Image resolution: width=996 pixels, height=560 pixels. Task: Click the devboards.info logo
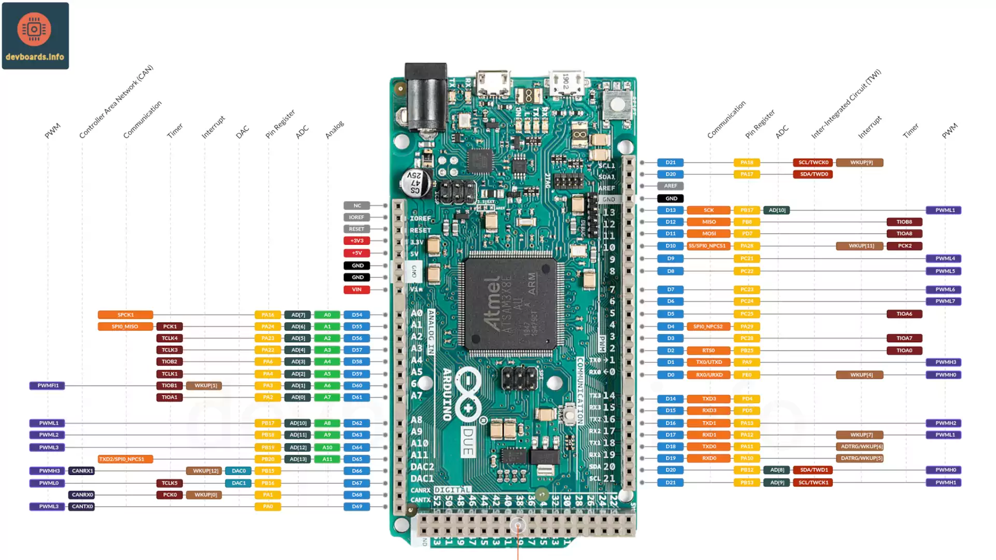tap(35, 36)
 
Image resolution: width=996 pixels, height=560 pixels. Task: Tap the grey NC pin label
tap(356, 205)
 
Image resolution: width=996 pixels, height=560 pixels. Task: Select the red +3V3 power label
tap(356, 241)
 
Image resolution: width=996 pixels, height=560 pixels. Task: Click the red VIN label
tap(356, 289)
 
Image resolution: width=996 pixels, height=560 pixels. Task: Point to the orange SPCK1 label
tap(125, 315)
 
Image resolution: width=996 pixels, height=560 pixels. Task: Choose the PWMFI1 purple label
tap(47, 385)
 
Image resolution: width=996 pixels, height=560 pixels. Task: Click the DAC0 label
tap(239, 471)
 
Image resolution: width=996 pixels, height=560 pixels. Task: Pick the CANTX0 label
tap(82, 507)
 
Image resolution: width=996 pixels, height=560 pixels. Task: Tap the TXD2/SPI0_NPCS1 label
tap(125, 459)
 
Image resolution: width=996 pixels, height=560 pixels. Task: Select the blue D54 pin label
tap(357, 315)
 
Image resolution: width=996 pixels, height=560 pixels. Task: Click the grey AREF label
tap(670, 186)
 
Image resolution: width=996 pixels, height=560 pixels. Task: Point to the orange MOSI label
tap(709, 234)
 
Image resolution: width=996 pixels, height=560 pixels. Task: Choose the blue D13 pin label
tap(670, 210)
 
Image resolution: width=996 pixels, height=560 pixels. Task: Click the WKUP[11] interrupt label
tap(861, 246)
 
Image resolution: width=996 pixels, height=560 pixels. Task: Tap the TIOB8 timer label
tap(904, 222)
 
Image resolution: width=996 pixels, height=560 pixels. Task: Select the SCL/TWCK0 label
tap(813, 162)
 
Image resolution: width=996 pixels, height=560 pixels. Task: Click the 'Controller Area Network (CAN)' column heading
tap(116, 102)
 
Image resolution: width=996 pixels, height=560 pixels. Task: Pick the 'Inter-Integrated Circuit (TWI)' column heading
tap(846, 104)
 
